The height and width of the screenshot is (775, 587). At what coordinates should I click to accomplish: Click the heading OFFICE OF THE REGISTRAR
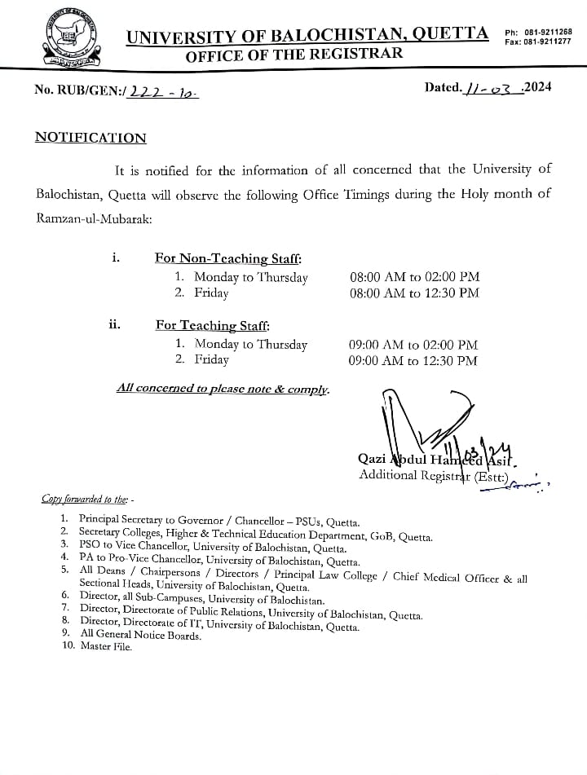[x=293, y=55]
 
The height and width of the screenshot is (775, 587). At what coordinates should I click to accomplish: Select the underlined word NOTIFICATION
[x=90, y=138]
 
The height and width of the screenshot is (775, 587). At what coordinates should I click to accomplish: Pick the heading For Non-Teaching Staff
[x=228, y=258]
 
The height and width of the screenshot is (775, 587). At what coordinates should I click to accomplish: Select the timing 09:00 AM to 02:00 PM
[x=413, y=345]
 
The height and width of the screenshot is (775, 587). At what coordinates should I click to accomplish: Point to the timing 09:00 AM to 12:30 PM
[x=413, y=360]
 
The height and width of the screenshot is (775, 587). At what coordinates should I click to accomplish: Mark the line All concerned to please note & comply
[x=223, y=389]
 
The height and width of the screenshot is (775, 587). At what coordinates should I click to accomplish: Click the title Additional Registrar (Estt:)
[x=434, y=476]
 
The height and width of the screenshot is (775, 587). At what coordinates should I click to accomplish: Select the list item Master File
[x=106, y=646]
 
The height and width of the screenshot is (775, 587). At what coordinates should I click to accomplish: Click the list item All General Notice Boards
[x=140, y=635]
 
